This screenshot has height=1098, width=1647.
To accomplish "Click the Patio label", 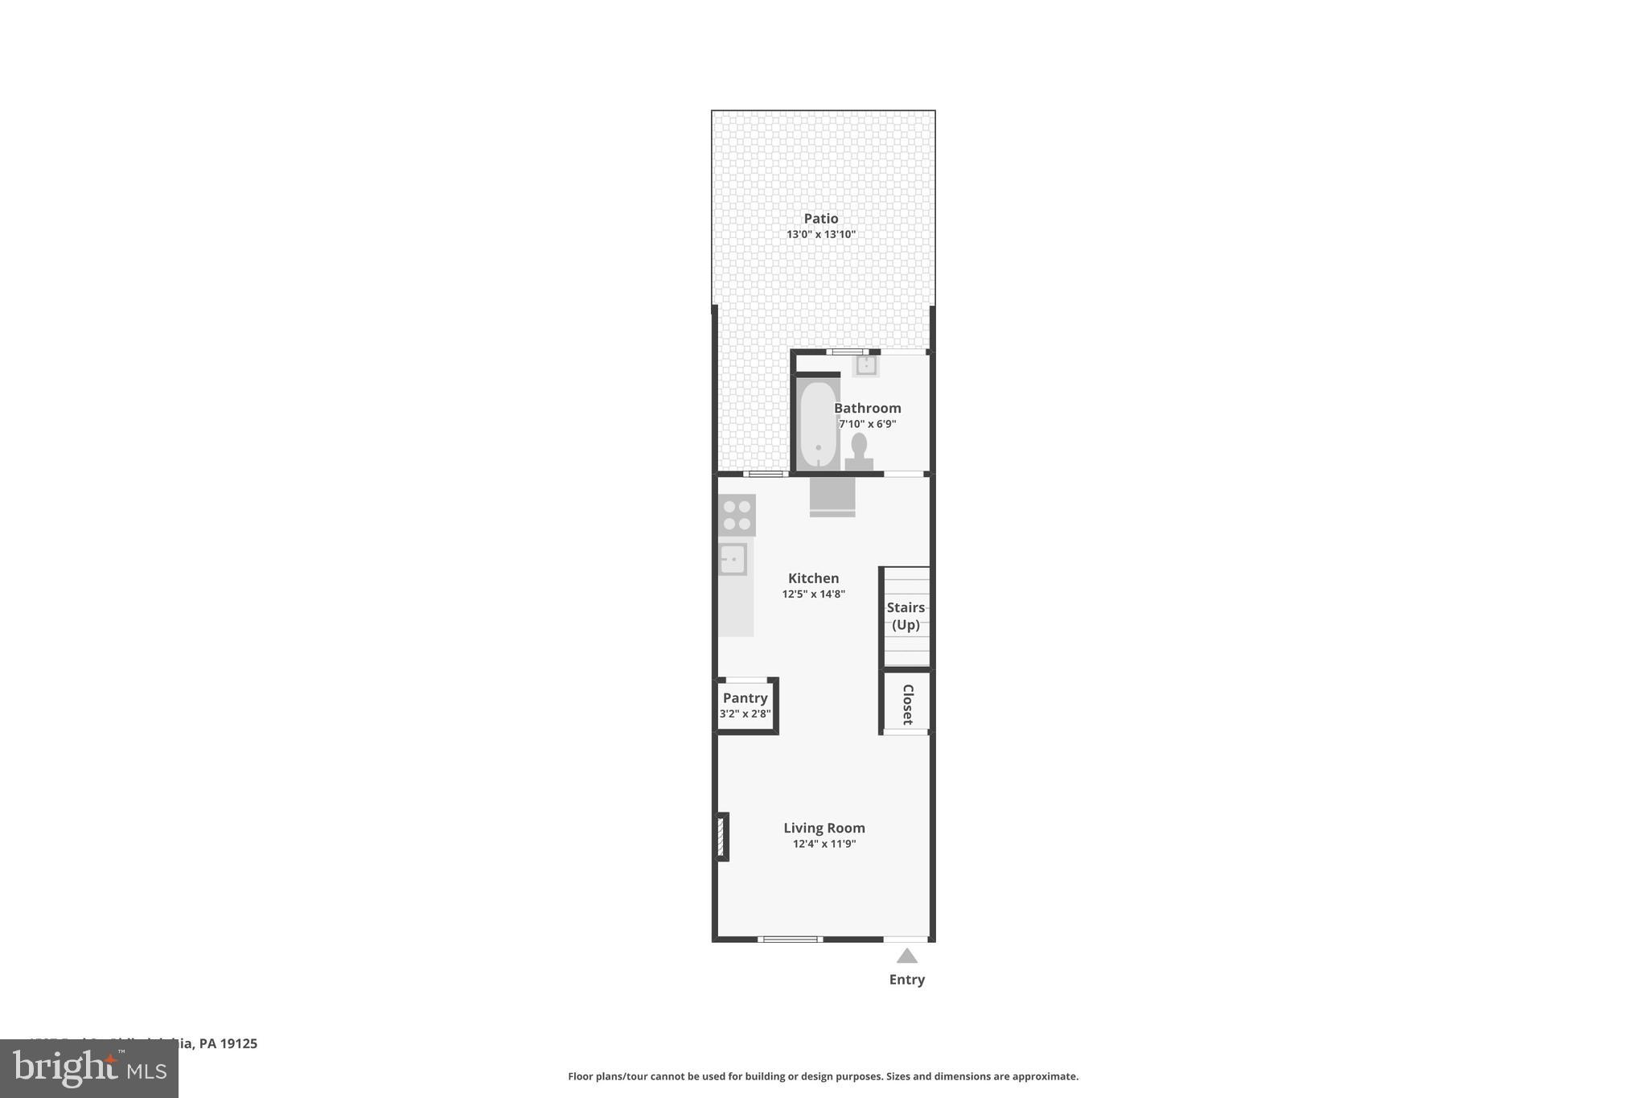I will [821, 219].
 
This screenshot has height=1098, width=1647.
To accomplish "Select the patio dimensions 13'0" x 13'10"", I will [821, 235].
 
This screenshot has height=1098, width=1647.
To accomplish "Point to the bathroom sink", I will [866, 365].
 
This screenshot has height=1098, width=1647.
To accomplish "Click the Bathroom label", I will [868, 408].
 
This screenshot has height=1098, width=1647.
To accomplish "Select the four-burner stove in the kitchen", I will [737, 516].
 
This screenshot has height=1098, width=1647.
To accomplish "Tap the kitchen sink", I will [733, 559].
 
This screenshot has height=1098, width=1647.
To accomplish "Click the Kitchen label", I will [813, 578].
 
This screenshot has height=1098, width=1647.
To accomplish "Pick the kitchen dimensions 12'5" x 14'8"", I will [813, 594].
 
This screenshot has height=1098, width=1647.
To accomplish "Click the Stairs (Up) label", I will [906, 616].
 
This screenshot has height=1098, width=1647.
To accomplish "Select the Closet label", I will [908, 704].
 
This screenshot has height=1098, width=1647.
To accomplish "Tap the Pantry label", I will [745, 698].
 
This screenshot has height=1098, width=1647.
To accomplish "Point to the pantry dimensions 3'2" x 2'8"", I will [745, 714].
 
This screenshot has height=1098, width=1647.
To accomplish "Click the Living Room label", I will [824, 828].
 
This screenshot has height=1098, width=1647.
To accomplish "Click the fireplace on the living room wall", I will [721, 837].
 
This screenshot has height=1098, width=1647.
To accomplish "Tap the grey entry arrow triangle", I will [907, 956].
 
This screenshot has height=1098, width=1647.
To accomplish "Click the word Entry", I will [907, 980].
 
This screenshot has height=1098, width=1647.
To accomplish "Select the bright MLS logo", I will [89, 1069].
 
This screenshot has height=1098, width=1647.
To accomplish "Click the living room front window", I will [790, 939].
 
